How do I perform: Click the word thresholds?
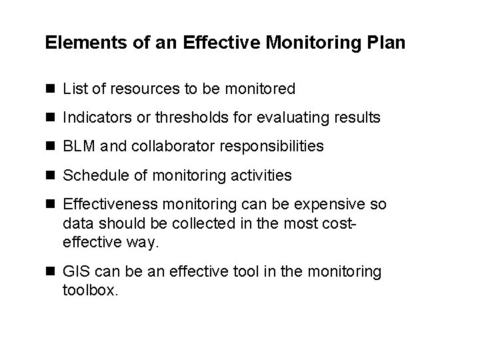[x=184, y=118]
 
